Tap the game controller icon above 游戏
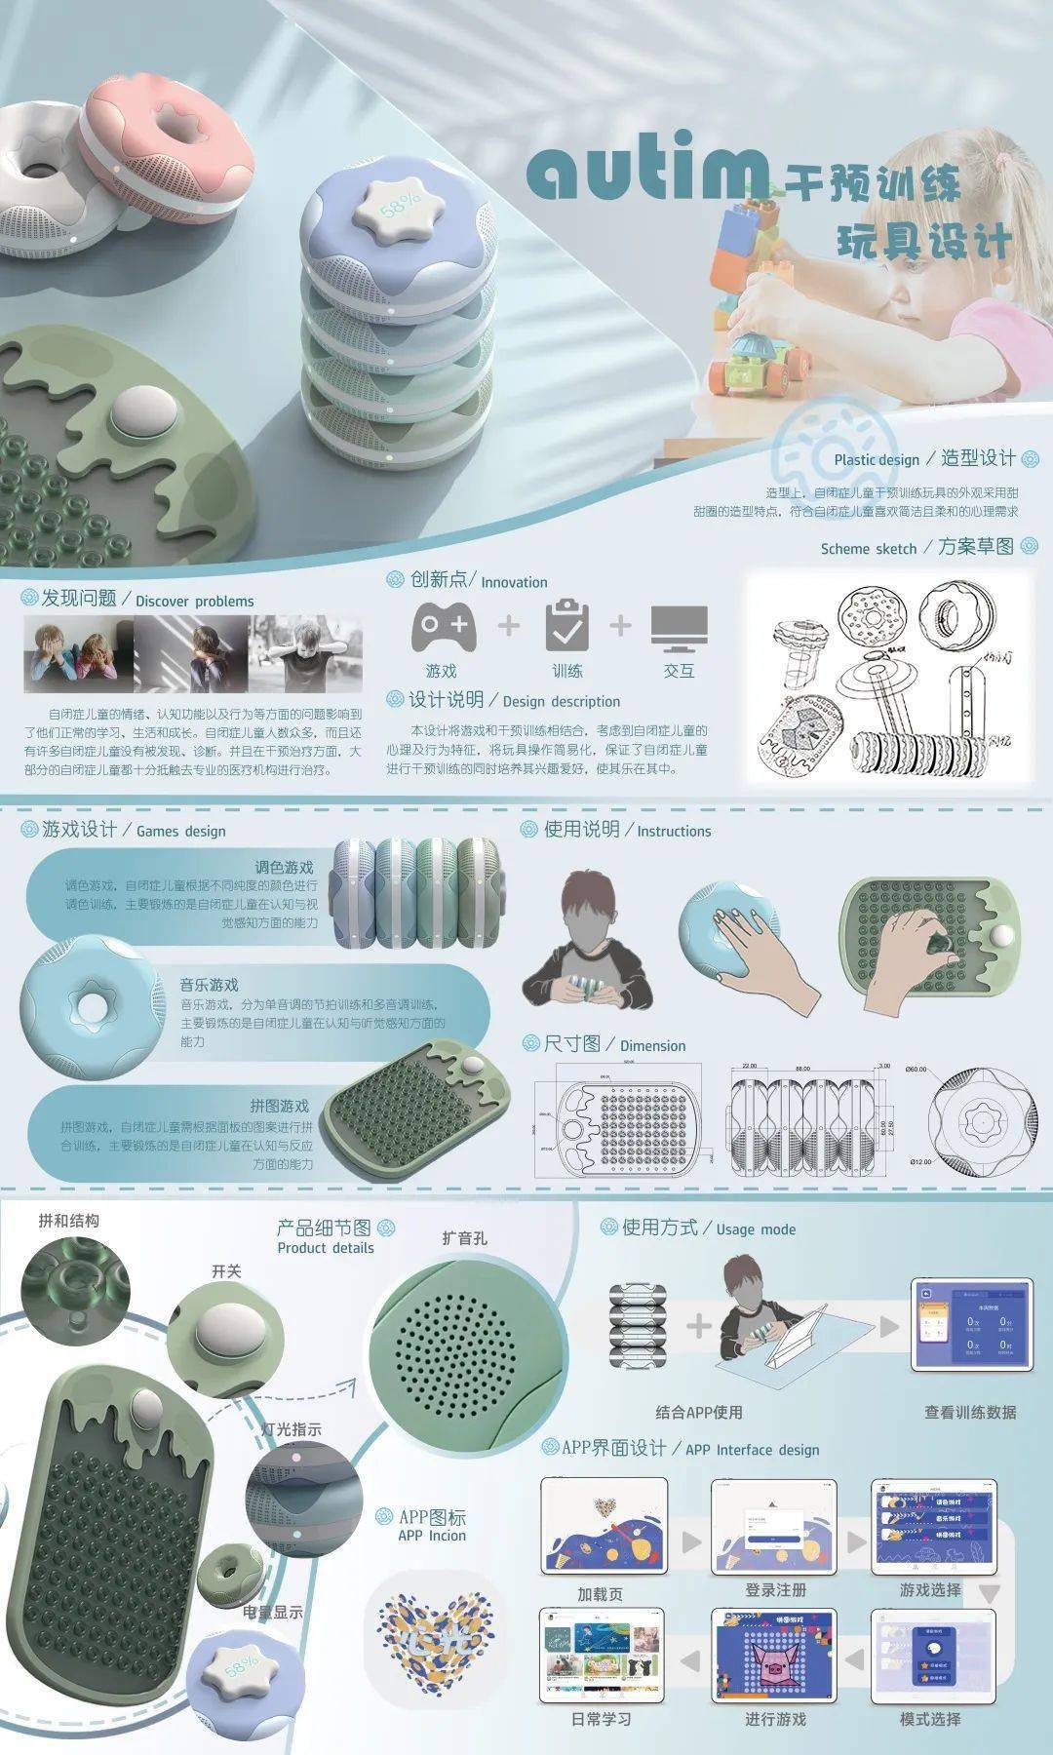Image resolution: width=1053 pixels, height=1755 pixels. coord(444,627)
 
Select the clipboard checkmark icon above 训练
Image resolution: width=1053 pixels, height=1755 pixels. coord(566,625)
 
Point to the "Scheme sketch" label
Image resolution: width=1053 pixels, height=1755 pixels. coord(869,549)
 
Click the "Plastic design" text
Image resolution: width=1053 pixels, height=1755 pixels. coord(877,460)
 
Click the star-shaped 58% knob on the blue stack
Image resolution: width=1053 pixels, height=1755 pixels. coord(397,206)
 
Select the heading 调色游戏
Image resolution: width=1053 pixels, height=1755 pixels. coord(284,868)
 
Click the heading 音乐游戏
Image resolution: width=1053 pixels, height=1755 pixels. coord(209,985)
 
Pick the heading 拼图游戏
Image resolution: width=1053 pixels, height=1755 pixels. coord(279,1106)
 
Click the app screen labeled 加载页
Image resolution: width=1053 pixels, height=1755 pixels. coord(604,1526)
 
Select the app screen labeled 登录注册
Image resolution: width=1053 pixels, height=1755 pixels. coord(775,1526)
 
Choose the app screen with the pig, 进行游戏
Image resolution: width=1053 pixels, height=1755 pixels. coord(775,1656)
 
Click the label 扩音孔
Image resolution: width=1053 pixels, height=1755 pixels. coord(464,1238)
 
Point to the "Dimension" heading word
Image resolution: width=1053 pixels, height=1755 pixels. coord(652,1046)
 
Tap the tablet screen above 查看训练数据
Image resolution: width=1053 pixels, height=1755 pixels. coord(971,1325)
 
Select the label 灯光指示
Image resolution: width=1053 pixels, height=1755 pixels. coord(291,1429)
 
